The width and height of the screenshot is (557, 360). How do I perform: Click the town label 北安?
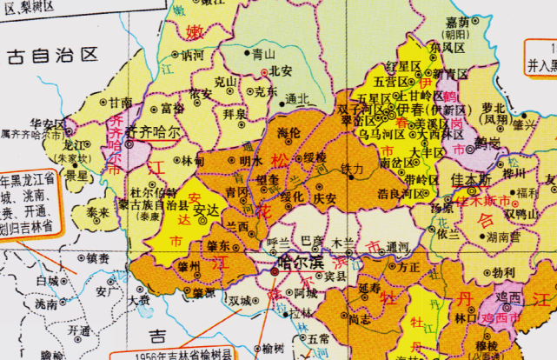(280, 71)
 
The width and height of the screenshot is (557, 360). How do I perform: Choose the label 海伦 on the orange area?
(289, 132)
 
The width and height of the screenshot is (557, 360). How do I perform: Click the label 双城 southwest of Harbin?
(239, 301)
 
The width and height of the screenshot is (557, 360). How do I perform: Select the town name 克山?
(226, 81)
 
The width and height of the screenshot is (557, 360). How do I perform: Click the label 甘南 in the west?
(121, 102)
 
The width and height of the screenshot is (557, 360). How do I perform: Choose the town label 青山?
(263, 53)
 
